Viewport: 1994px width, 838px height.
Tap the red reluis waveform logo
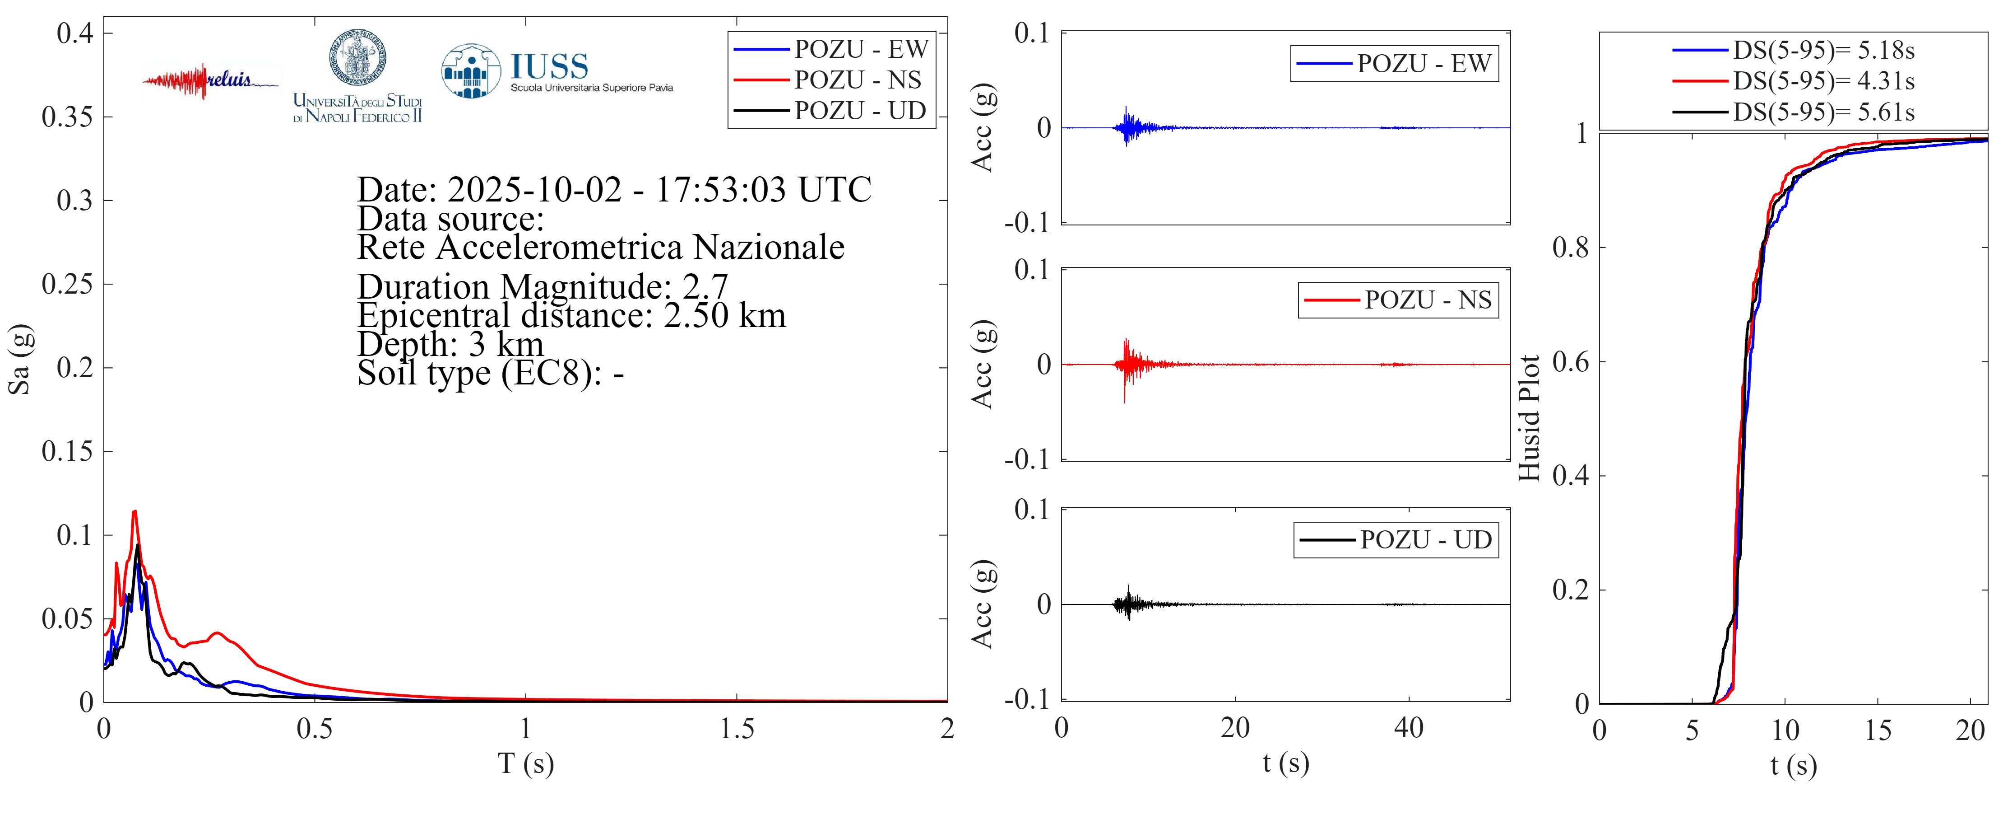[209, 80]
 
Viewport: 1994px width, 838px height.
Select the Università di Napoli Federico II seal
[357, 58]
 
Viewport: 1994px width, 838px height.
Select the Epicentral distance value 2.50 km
[724, 316]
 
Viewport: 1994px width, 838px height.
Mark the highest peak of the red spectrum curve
[134, 512]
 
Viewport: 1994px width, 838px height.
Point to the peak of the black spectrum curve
[138, 545]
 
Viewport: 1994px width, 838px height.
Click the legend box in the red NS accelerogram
[1397, 300]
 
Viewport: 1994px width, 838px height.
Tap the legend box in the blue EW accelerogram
[1393, 64]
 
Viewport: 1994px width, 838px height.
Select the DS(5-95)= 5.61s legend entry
[1823, 112]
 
